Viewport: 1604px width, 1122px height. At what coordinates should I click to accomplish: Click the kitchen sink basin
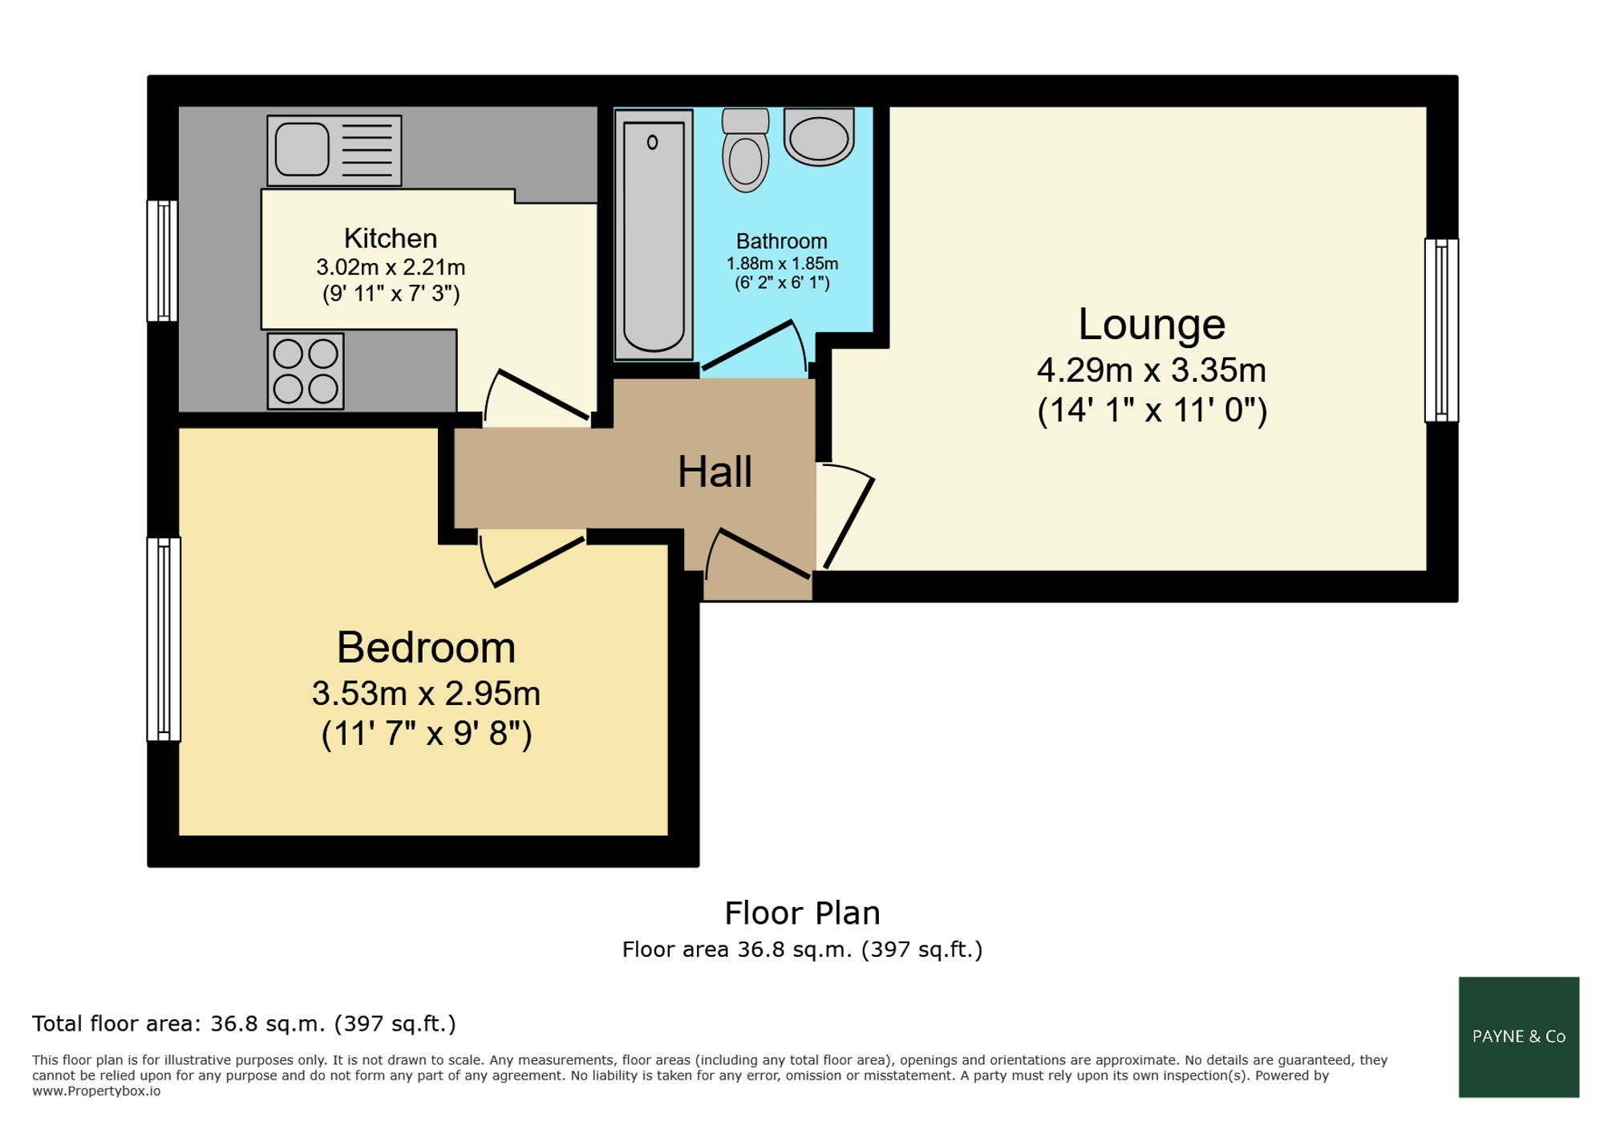pos(302,150)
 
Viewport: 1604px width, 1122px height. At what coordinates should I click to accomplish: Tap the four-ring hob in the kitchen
pos(306,371)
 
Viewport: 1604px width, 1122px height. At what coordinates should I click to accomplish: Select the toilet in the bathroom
pos(745,150)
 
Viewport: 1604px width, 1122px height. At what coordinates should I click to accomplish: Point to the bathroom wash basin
pos(819,137)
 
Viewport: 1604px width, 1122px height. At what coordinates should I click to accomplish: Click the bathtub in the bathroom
pos(654,235)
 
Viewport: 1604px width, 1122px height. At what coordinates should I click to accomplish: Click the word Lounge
pos(1152,324)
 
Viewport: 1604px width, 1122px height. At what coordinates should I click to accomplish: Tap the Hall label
pos(715,472)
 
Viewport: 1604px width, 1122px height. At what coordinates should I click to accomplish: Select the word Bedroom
pos(426,647)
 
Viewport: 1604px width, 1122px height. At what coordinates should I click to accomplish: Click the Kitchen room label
pos(391,238)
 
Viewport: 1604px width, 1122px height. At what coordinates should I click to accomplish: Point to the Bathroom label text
pos(782,241)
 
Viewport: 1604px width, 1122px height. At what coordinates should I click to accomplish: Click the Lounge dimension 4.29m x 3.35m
pos(1152,371)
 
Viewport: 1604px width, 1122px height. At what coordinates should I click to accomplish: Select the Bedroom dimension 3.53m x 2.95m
pos(426,694)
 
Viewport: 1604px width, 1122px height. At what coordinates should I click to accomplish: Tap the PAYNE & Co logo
pos(1519,1037)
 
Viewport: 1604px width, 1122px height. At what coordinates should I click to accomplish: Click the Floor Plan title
pos(802,913)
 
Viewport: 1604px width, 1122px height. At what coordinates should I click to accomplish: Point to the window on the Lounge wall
pos(1441,330)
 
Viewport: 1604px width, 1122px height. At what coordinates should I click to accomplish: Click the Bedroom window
pos(164,639)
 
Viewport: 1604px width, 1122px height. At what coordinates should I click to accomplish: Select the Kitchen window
pos(162,261)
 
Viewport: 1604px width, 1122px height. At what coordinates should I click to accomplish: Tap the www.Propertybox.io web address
pos(96,1092)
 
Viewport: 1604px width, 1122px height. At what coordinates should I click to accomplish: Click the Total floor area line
pos(244,1024)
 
